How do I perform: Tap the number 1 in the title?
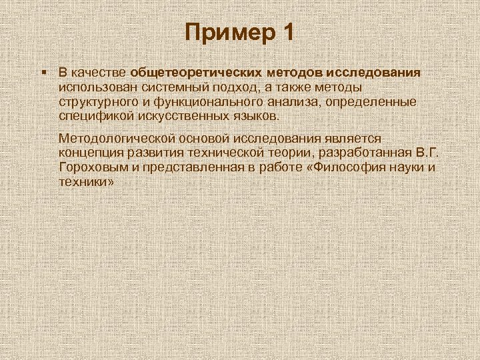tap(285, 32)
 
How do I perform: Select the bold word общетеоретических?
tap(197, 72)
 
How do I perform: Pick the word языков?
tap(251, 116)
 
